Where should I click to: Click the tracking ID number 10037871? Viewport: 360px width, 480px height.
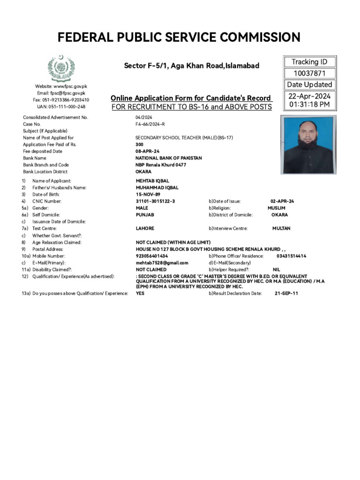click(x=309, y=73)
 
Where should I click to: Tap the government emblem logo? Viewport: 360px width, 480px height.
click(x=60, y=68)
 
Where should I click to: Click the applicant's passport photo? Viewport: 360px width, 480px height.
click(x=308, y=145)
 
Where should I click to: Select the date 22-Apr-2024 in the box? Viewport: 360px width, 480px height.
click(x=309, y=96)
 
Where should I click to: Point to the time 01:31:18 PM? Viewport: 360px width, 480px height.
click(x=309, y=105)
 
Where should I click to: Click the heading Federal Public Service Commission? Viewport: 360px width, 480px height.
click(x=179, y=37)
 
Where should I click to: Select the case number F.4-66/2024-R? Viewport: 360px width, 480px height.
click(x=150, y=124)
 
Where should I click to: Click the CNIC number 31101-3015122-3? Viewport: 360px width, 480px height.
click(x=155, y=201)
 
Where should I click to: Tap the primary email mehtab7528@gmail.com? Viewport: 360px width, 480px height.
click(x=162, y=263)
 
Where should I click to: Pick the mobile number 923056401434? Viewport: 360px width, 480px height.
click(x=152, y=256)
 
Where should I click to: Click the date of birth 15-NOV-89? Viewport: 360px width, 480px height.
click(x=148, y=194)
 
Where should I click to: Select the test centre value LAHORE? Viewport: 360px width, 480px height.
click(x=145, y=228)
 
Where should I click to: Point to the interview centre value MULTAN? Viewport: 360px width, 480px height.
click(x=281, y=228)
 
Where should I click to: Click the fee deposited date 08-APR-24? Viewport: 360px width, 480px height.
click(x=149, y=151)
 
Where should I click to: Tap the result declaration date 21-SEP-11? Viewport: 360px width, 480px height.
click(x=286, y=293)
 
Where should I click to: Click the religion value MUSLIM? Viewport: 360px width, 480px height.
click(x=276, y=208)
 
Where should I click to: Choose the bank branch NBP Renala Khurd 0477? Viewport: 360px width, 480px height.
click(x=161, y=165)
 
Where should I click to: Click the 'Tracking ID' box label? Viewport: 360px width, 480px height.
click(x=309, y=62)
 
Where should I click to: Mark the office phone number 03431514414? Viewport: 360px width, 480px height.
click(x=291, y=256)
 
